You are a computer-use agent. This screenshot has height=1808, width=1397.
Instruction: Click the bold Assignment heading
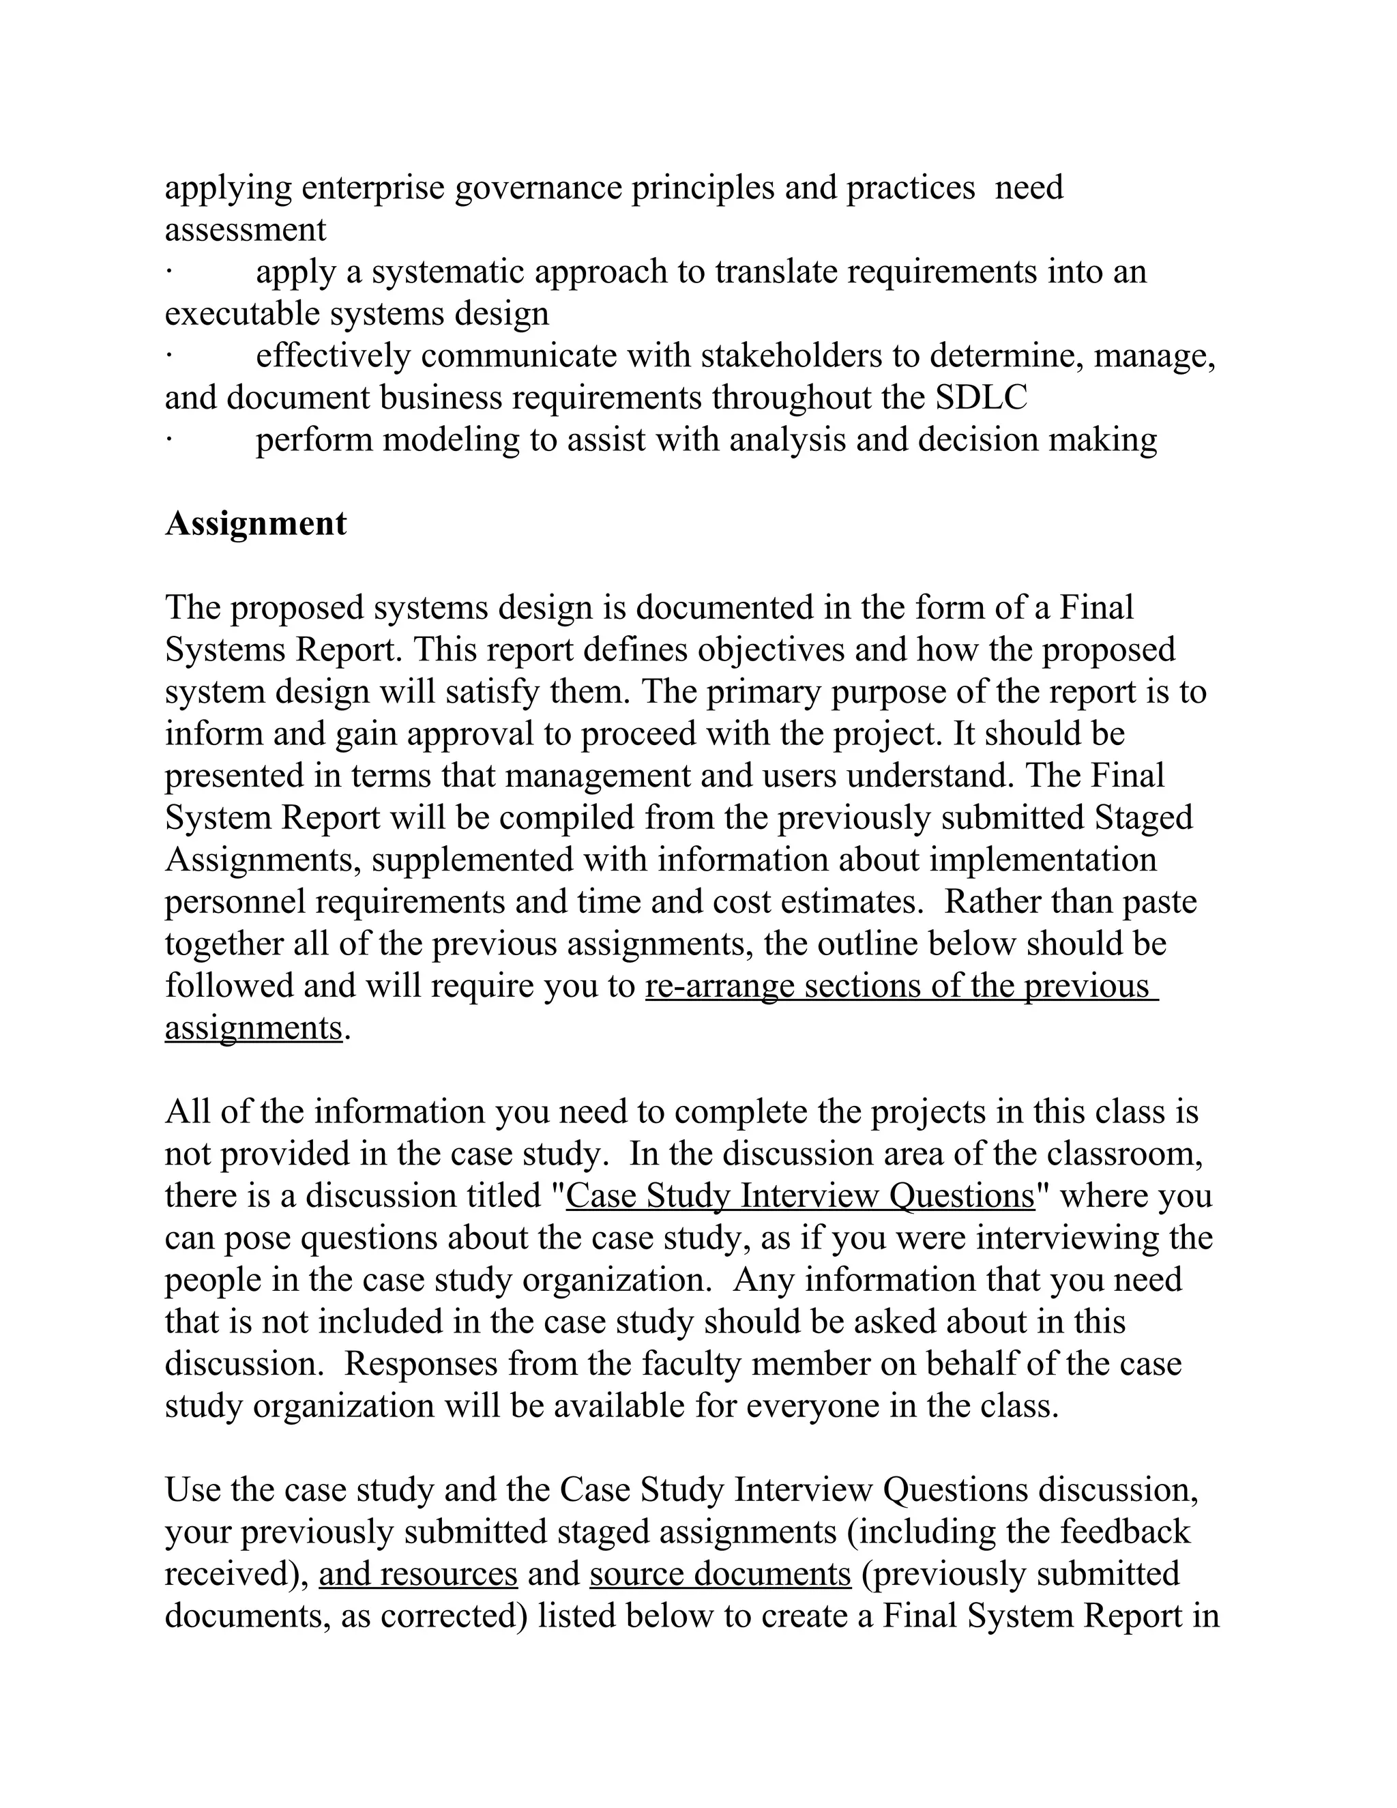coord(256,524)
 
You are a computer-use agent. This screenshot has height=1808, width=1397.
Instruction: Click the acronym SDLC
coord(981,398)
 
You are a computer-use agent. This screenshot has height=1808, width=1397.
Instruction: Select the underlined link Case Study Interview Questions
coord(799,1196)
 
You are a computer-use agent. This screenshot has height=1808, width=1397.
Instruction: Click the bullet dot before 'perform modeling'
coord(168,439)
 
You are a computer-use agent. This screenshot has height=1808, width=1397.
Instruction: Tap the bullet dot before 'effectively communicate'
coord(168,356)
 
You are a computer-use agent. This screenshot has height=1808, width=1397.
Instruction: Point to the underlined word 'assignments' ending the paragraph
coord(253,1029)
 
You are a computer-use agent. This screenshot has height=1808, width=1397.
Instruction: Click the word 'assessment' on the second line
coord(245,230)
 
